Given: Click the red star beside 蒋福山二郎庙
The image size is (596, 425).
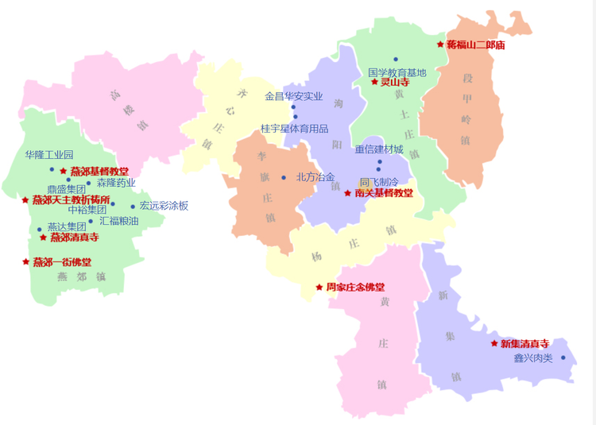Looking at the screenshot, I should coord(440,44).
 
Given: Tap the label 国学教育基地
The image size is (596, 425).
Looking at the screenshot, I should coord(397,72).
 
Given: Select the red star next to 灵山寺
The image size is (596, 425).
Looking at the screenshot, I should coord(374,82).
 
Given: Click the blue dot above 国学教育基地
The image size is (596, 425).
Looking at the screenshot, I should coord(396,59).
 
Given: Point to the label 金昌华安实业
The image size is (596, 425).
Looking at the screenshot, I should coord(294,96).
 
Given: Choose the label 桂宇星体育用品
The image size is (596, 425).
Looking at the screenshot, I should coord(294,128).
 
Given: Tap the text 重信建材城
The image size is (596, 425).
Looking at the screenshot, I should coord(379,149).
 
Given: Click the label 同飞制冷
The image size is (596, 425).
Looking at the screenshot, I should coord(379,182).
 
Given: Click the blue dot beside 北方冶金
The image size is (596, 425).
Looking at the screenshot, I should coord(284,177).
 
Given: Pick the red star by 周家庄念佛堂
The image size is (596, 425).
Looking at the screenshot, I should coord(319,287).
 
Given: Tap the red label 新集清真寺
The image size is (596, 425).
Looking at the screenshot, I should coord(524,343).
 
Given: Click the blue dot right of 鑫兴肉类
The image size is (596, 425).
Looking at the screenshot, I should coord(563,357).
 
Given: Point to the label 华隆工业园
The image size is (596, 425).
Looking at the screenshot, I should coord(49,155).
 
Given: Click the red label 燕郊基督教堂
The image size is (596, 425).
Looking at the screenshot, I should coord(99,171).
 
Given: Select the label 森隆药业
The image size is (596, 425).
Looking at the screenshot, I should coord(116,183).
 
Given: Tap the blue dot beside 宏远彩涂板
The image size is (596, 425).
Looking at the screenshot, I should coord(133,207).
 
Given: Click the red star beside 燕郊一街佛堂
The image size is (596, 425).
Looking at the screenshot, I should coord(25,261).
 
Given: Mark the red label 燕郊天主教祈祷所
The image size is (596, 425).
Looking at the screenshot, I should coord(72,199).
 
